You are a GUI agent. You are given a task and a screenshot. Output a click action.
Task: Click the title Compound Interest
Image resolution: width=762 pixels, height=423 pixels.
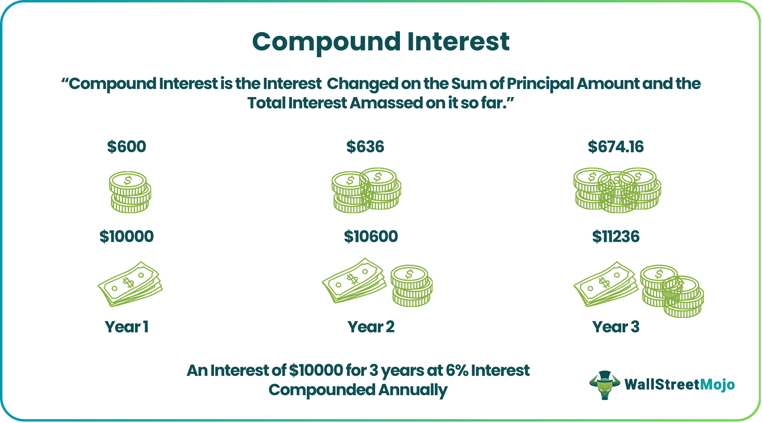tap(381, 42)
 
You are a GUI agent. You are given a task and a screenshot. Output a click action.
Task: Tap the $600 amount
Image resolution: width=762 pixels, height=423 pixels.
tap(127, 147)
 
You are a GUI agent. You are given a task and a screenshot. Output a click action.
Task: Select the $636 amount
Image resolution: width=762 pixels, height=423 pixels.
tap(365, 147)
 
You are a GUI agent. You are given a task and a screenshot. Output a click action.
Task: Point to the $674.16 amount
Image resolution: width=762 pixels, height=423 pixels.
tap(616, 147)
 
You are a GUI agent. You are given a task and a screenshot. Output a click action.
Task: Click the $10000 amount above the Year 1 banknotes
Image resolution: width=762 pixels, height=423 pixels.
tap(127, 236)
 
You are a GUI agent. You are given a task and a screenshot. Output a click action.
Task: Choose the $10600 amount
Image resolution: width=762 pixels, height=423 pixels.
tap(371, 236)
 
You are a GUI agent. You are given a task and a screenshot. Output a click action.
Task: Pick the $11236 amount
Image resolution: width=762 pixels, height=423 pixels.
tap(616, 236)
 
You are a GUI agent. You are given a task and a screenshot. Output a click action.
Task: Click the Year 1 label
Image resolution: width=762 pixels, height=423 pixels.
tap(127, 327)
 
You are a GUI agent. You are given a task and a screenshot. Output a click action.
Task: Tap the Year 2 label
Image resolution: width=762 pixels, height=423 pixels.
tap(371, 327)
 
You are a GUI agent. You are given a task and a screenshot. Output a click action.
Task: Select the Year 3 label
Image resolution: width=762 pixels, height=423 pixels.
tap(616, 327)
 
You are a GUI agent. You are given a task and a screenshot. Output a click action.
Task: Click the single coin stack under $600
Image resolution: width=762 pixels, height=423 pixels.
tap(130, 192)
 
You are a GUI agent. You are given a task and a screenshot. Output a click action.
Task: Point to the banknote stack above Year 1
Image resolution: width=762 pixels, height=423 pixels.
tap(130, 284)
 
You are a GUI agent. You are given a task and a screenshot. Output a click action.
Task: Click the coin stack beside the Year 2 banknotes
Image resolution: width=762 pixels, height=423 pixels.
tap(412, 286)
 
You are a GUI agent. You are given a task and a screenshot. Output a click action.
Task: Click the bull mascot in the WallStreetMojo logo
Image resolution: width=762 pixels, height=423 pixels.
tap(604, 385)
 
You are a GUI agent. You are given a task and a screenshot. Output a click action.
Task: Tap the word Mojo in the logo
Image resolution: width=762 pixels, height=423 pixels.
tap(717, 385)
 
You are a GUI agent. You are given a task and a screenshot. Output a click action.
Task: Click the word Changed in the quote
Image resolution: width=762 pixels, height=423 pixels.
tap(362, 84)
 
